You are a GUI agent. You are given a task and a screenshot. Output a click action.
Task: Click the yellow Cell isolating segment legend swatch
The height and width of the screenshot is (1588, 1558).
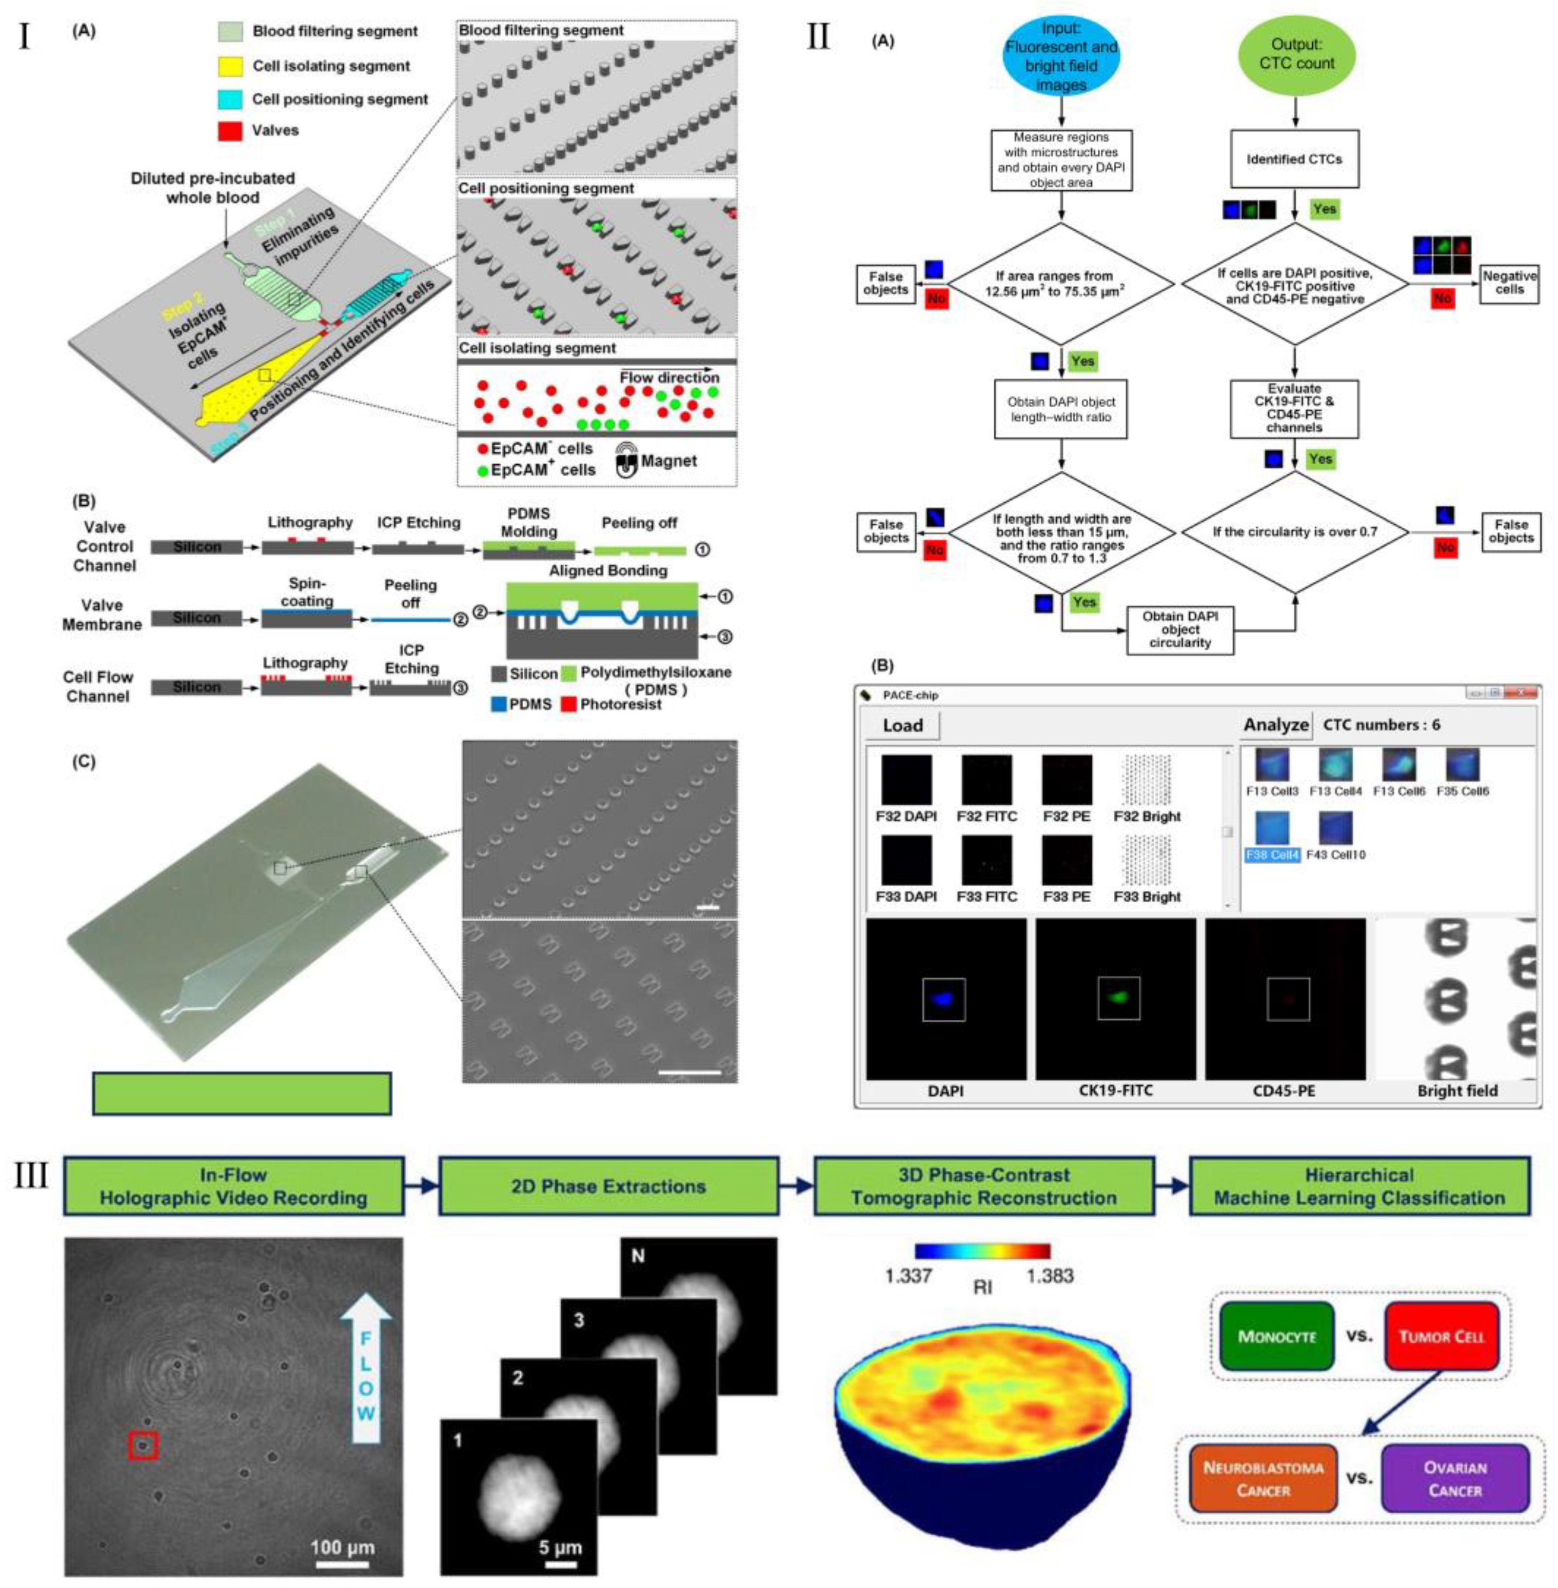(x=230, y=65)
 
